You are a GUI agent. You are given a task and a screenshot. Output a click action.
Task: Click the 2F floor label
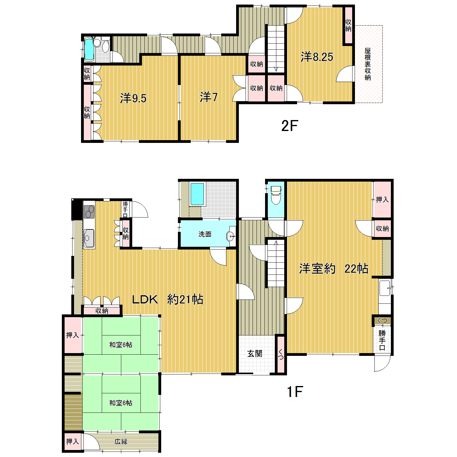point(289,126)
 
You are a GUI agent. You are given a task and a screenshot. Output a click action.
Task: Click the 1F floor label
point(295,391)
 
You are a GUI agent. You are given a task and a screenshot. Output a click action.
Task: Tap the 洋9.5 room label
point(133,98)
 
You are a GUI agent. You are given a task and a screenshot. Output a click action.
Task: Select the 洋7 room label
point(209,97)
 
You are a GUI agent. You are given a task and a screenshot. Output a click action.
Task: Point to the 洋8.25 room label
point(317,57)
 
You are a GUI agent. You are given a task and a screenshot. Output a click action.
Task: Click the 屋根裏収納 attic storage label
point(368,64)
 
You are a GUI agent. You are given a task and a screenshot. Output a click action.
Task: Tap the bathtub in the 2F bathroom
point(89,49)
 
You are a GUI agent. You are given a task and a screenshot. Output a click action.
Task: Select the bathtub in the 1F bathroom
point(197,194)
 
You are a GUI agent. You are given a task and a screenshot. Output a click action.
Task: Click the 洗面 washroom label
point(205,234)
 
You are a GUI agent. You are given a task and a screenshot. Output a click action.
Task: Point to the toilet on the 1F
point(276,194)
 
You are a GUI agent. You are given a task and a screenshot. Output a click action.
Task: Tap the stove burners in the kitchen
point(89,212)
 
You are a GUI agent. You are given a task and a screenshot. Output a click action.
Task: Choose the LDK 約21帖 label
point(168,299)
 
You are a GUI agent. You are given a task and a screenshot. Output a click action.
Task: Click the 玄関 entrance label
point(255,353)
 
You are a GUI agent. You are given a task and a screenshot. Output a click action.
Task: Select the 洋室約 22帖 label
point(334,268)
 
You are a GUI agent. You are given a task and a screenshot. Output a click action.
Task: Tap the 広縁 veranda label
point(121,441)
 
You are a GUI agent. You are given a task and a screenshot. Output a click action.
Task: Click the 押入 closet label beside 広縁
point(73,441)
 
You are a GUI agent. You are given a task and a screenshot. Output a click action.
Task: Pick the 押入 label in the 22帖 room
point(382,200)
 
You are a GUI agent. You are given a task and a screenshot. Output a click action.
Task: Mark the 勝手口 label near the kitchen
point(125,209)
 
